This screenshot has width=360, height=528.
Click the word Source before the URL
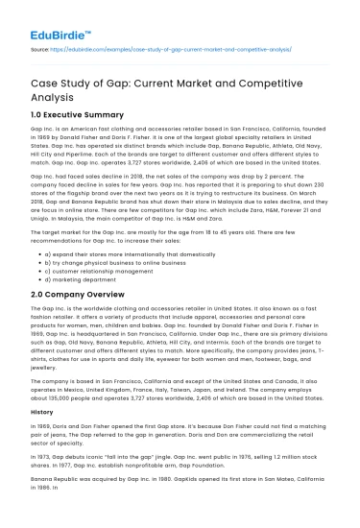pos(41,44)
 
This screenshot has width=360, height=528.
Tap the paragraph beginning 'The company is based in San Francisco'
pos(179,404)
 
